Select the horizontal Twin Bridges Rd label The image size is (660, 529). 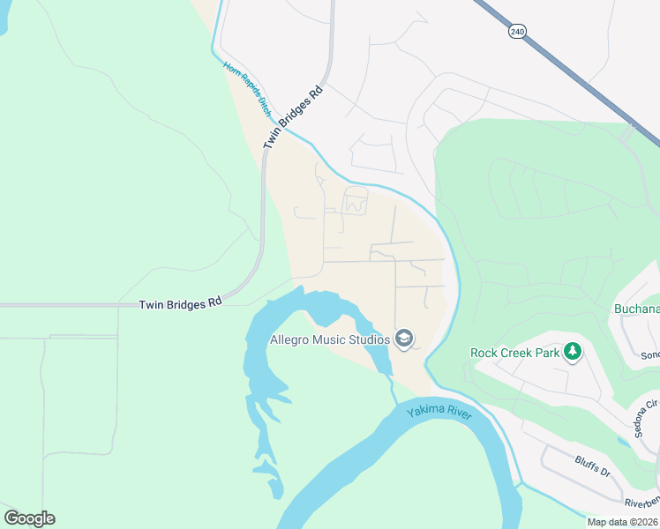point(180,303)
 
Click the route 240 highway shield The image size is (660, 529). point(516,31)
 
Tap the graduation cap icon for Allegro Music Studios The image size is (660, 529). point(404,339)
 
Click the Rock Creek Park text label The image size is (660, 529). point(515,353)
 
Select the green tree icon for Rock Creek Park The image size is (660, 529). point(573,352)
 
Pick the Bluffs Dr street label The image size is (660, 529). point(592,466)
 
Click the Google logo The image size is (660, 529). point(29,518)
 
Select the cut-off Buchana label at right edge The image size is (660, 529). point(637,309)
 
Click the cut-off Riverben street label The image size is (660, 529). point(641,502)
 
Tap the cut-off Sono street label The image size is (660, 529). point(649,355)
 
